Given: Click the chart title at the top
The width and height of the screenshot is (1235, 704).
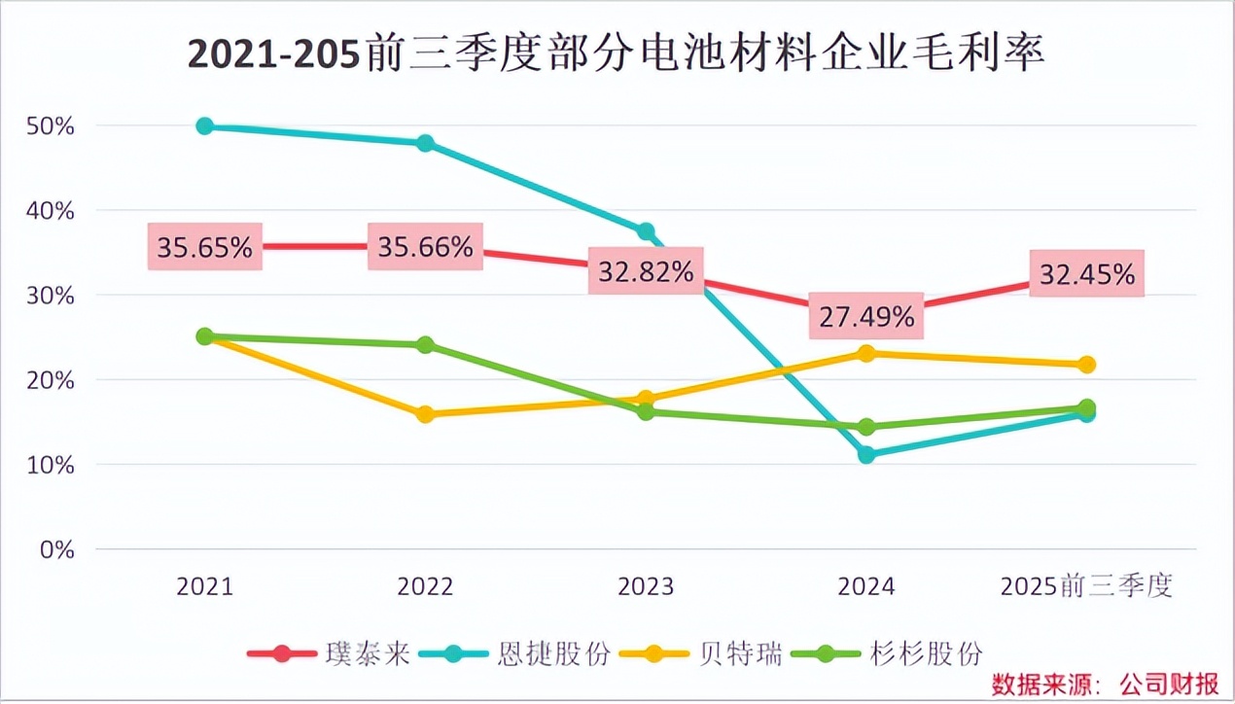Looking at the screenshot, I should pos(617,54).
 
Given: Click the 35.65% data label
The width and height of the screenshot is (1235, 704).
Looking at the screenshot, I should pos(205,247).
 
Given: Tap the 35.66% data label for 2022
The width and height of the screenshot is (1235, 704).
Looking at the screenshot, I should pos(425,247).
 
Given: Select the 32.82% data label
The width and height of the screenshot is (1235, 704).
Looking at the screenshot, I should pos(646,273).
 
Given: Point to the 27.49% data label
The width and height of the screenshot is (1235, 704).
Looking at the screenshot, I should pos(865,316).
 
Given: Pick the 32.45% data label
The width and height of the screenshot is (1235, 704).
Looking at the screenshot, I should pos(1087,274).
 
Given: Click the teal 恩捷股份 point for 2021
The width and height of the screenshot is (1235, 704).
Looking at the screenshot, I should pos(205,126).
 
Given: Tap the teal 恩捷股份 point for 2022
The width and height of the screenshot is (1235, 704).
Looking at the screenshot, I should pos(425,143).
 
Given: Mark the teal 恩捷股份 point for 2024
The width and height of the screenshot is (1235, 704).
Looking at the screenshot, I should pos(866,454).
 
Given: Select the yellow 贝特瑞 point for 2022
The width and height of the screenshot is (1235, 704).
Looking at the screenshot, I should pos(425,414).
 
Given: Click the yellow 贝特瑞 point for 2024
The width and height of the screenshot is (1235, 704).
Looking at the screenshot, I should pos(866,353).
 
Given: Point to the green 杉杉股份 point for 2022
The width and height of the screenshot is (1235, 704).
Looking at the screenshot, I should pos(425,345).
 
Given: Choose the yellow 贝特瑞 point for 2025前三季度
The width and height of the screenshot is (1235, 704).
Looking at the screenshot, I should pos(1087,365).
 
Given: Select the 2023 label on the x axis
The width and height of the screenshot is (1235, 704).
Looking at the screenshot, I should pos(646,586).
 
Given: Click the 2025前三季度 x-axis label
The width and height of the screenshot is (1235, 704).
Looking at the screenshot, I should pos(1087,586).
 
